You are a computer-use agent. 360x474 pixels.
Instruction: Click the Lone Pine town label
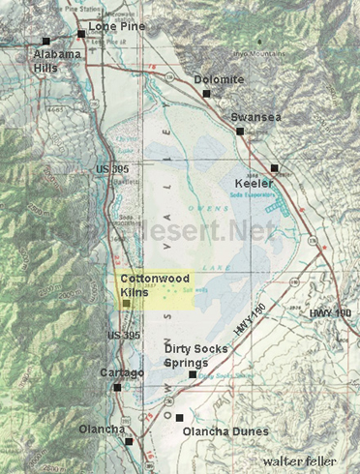click(115, 26)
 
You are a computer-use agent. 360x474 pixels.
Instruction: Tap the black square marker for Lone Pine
click(81, 34)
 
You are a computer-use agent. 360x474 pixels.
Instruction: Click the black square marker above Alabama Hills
click(45, 41)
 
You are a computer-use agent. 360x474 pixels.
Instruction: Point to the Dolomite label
click(218, 80)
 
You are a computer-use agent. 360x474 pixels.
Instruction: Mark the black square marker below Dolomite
click(206, 93)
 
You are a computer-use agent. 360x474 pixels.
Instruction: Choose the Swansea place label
click(256, 117)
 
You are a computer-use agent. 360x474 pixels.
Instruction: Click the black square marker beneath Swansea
click(239, 130)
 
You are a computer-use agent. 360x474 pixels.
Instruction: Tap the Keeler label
click(253, 183)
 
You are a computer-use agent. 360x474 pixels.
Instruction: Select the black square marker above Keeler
click(274, 167)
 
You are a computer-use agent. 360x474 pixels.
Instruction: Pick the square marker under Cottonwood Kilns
click(125, 304)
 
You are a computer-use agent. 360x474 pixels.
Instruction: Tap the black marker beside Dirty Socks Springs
click(193, 374)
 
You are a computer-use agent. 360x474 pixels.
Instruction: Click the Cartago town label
click(122, 372)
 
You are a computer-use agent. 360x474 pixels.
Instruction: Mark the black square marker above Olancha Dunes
click(178, 418)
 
